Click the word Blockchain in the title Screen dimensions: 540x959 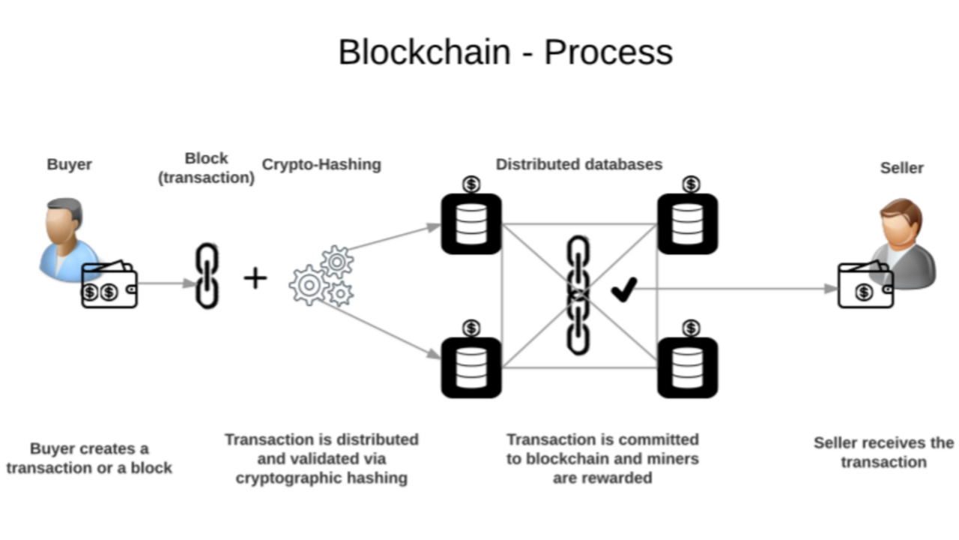(424, 52)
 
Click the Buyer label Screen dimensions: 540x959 (69, 164)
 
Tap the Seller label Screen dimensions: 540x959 (901, 168)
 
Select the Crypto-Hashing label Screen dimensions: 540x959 (321, 164)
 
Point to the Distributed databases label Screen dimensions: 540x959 (579, 164)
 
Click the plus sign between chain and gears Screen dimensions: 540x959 (255, 278)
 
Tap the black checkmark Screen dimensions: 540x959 (623, 289)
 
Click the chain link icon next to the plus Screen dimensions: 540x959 (207, 276)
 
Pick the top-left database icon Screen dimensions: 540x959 (471, 223)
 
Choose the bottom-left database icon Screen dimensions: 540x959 (471, 367)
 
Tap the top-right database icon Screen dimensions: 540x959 (688, 223)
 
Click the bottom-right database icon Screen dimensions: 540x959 (688, 367)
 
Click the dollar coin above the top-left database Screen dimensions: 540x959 (471, 184)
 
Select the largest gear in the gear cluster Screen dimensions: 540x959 (308, 285)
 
